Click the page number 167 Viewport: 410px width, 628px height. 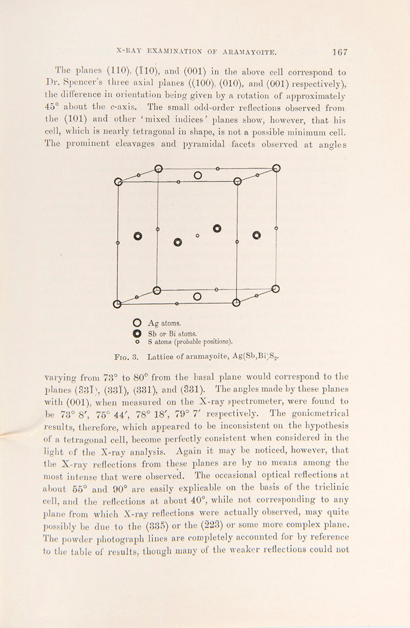click(x=340, y=52)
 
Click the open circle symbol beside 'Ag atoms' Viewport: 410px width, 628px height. click(x=137, y=323)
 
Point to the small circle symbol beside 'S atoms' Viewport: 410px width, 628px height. click(x=137, y=341)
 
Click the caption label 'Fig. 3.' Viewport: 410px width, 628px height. click(x=125, y=357)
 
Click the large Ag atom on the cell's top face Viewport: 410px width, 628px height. click(x=198, y=176)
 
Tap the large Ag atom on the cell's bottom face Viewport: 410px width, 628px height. click(x=197, y=297)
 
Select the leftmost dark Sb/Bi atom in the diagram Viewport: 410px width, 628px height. click(x=137, y=236)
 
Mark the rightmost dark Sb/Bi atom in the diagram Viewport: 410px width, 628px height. click(x=257, y=236)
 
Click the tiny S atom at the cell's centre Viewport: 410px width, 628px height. click(x=198, y=236)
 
